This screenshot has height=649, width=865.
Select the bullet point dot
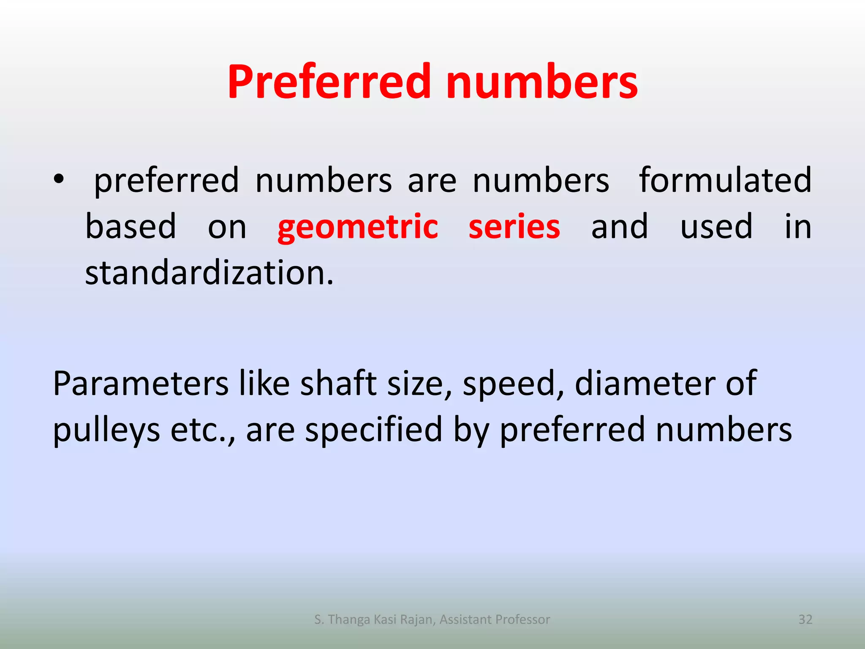(59, 179)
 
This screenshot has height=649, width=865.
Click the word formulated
(725, 180)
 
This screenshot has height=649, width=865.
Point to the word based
(131, 226)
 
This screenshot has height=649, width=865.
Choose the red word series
(514, 226)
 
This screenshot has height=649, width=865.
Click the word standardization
(209, 273)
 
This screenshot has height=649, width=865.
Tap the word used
(716, 226)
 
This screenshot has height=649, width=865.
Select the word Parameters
(141, 384)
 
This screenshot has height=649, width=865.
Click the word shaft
(338, 383)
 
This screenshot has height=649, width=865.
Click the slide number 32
(805, 619)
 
